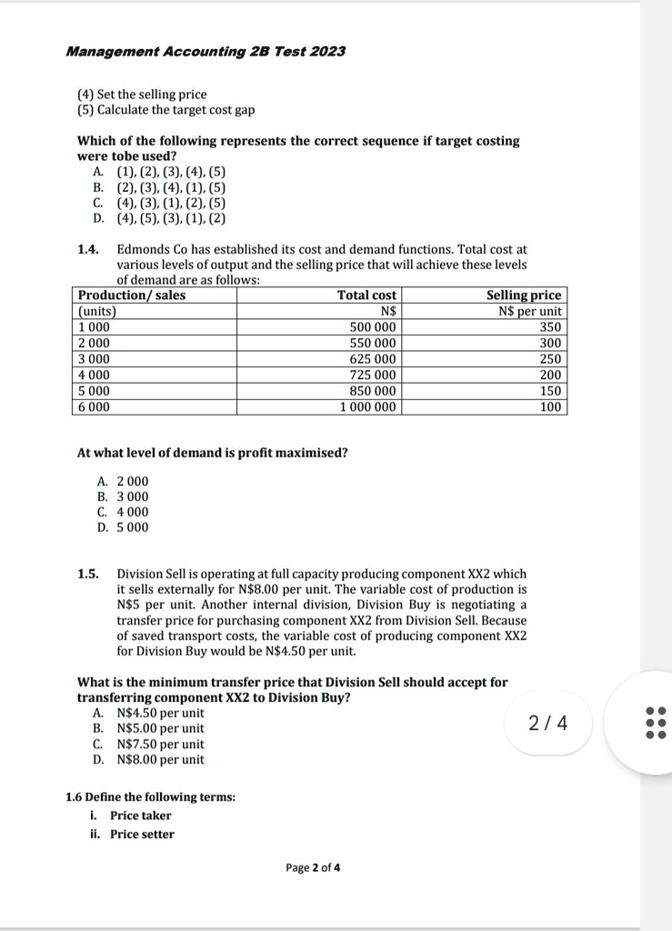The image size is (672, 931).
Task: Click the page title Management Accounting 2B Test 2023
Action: pos(206,51)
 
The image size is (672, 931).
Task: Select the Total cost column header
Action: pos(366,295)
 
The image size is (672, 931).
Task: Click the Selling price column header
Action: pos(524,295)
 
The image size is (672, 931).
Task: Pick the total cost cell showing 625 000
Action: pos(373,359)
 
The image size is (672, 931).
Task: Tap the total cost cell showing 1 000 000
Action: pos(367,407)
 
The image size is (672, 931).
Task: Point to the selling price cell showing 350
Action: pos(550,327)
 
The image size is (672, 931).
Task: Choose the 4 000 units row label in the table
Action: pos(95,375)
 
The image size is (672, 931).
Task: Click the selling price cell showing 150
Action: pos(550,391)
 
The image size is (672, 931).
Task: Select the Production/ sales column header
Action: pos(132,295)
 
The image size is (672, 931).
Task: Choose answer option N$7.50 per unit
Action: pos(160,744)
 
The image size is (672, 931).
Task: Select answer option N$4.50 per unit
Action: pos(160,713)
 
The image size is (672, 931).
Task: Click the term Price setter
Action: pos(142,834)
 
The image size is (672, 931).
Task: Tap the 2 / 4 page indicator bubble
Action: pos(548,723)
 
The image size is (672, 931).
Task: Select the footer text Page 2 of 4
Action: pos(313,867)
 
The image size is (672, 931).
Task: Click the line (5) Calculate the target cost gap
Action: pos(165,110)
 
